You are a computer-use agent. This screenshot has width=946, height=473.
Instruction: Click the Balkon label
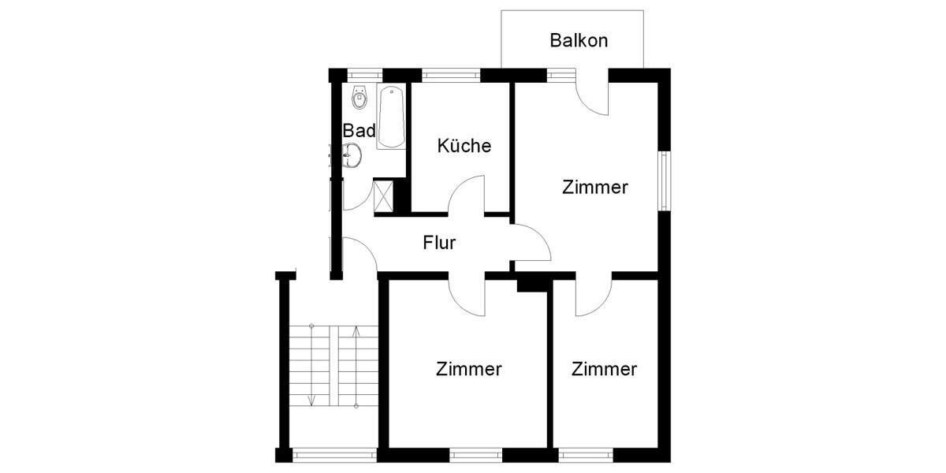click(579, 40)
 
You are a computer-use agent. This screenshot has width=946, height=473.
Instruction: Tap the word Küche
click(464, 146)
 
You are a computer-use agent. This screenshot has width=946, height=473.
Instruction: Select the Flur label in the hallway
click(439, 243)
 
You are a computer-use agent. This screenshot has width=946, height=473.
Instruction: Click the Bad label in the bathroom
click(359, 131)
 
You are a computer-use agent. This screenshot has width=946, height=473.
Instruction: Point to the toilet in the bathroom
click(359, 99)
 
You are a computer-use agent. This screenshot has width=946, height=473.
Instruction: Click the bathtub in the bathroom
click(391, 118)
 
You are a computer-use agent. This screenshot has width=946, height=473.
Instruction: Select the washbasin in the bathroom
click(352, 155)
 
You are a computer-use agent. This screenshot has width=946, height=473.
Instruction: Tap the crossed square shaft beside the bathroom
click(384, 196)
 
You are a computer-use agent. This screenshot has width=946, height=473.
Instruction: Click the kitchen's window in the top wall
click(450, 76)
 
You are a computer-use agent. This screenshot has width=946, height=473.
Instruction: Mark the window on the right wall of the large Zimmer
click(665, 181)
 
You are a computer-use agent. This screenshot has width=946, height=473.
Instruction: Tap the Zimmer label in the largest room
click(595, 188)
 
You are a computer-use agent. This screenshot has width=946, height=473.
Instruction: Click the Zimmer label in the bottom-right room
click(605, 369)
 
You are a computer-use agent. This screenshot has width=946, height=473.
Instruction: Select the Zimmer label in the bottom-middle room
click(469, 369)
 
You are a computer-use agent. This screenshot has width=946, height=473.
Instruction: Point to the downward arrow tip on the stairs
click(312, 403)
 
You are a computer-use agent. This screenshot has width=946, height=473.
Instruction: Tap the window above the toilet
click(359, 76)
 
